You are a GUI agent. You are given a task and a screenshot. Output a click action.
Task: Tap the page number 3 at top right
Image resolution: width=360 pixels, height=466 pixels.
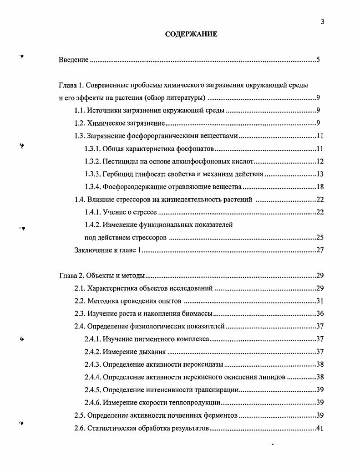pos(322,20)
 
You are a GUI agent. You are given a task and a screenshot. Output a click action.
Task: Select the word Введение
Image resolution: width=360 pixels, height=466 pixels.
pos(74,60)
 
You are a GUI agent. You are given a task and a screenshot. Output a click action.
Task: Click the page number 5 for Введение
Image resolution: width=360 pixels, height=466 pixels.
pos(319,60)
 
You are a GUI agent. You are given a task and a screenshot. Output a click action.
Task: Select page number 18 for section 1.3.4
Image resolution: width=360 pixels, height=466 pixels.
pos(319,187)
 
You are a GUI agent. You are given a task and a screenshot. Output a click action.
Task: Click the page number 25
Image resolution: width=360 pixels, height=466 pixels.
pos(319,237)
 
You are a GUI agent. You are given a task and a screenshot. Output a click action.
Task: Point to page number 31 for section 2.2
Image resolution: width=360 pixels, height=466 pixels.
pos(319,301)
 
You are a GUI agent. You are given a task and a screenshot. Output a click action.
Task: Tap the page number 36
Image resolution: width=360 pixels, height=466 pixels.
pos(319,314)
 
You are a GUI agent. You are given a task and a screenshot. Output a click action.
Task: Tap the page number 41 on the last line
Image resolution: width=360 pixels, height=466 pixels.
pos(319,428)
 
